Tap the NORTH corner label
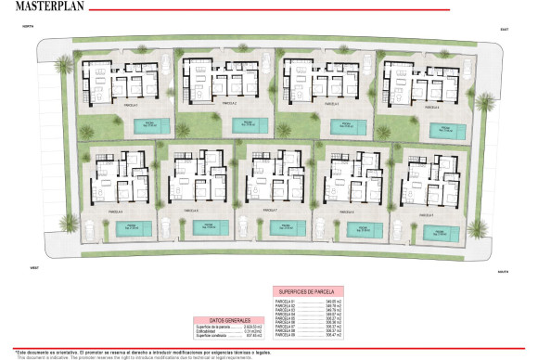[27, 30]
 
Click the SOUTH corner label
[501, 272]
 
